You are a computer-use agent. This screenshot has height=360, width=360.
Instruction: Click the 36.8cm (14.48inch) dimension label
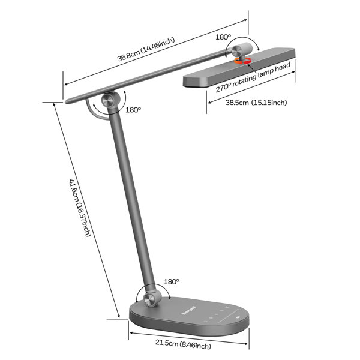pyautogui.click(x=146, y=49)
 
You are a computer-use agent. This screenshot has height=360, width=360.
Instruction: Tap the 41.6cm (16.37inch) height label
pyautogui.click(x=80, y=208)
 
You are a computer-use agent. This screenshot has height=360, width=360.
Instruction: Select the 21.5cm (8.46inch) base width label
pyautogui.click(x=183, y=344)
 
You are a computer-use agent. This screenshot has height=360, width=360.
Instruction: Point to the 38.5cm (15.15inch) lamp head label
pyautogui.click(x=256, y=103)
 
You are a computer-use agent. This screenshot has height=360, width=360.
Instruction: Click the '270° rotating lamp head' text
pyautogui.click(x=253, y=77)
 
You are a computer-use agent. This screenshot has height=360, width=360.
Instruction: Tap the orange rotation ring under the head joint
pyautogui.click(x=242, y=61)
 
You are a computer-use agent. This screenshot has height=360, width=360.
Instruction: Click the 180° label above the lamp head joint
pyautogui.click(x=223, y=37)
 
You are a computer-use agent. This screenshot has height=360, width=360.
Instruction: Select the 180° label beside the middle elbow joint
pyautogui.click(x=133, y=110)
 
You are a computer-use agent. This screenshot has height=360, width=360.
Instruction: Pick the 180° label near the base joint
pyautogui.click(x=171, y=281)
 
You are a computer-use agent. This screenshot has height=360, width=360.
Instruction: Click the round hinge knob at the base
pyautogui.click(x=150, y=299)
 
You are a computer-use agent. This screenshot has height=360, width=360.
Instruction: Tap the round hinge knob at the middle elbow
pyautogui.click(x=108, y=100)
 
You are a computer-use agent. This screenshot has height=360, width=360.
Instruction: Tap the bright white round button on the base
pyautogui.click(x=238, y=317)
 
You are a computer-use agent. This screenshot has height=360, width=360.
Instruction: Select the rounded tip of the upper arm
pyautogui.click(x=67, y=101)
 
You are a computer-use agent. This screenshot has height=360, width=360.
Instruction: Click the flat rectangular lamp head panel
pyautogui.click(x=239, y=67)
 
